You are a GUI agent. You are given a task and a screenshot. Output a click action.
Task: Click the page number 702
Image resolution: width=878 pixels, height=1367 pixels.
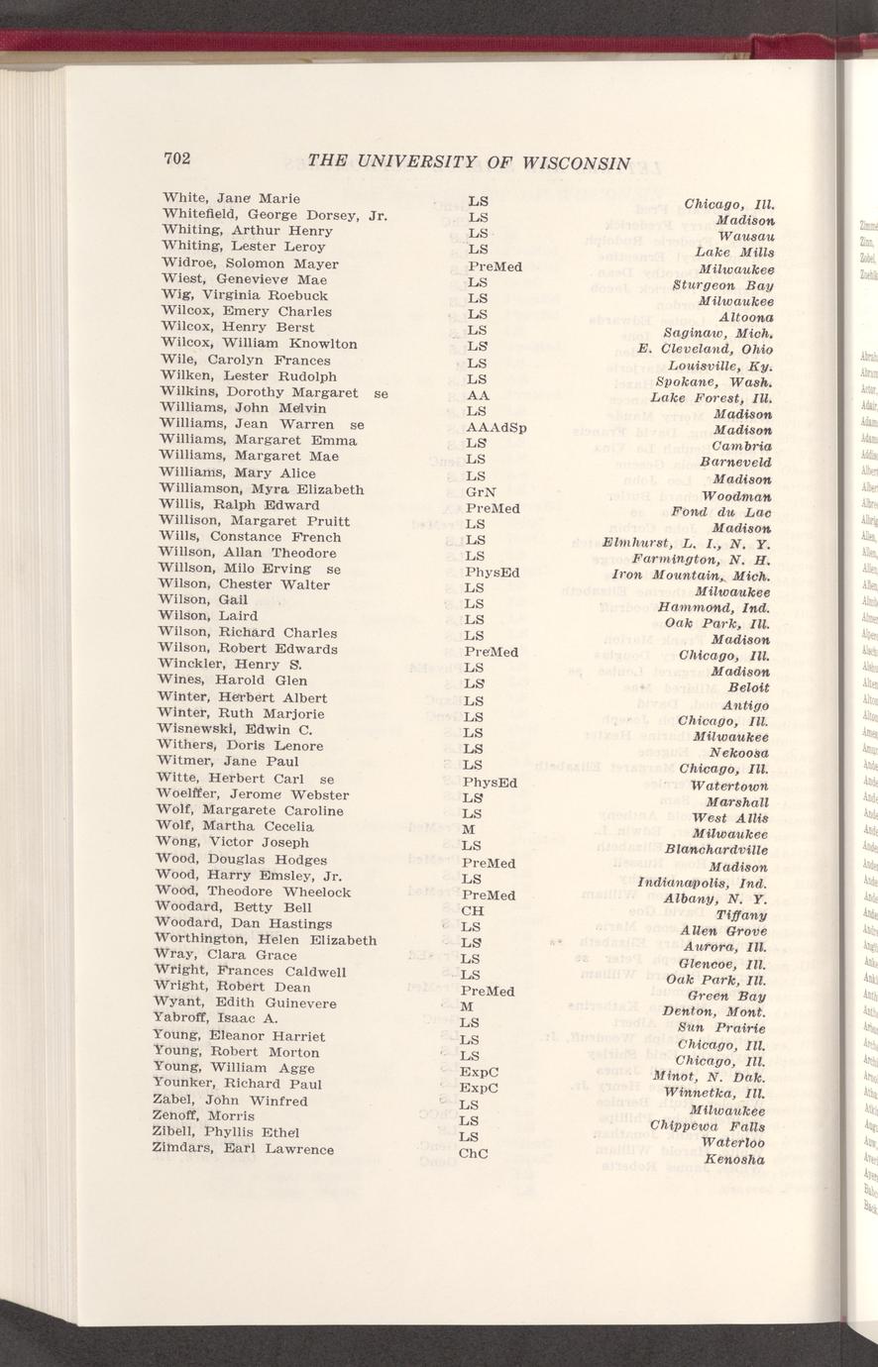(x=177, y=158)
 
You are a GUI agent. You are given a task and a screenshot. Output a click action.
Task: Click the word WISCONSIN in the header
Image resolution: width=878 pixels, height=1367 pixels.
(x=565, y=162)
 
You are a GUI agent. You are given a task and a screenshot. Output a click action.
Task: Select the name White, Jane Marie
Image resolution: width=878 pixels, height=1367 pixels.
(x=231, y=199)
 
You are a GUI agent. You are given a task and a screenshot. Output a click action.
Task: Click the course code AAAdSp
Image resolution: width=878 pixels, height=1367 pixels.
(x=495, y=428)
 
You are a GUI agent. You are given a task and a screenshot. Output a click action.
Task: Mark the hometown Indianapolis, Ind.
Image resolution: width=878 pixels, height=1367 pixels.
(x=704, y=882)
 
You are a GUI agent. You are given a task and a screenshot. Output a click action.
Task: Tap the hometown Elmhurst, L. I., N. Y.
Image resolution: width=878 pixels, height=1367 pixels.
(x=686, y=543)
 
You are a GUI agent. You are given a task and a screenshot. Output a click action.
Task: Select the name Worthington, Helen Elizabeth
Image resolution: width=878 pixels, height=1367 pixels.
(x=265, y=940)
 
